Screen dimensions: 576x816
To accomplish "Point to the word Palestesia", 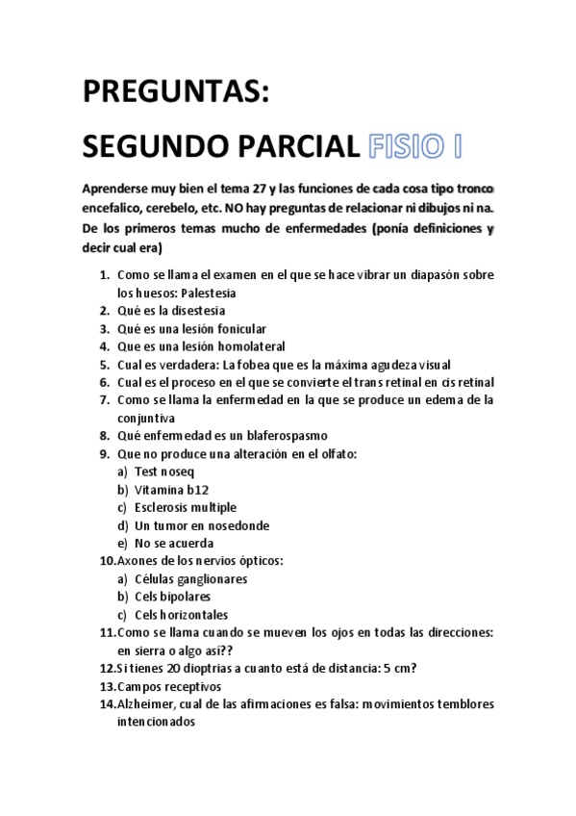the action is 205,293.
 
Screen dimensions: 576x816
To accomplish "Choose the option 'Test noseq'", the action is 164,472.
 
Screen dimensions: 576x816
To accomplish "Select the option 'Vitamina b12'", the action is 170,490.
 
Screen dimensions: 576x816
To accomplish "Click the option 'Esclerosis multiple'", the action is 186,507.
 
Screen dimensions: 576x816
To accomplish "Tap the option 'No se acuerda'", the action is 174,543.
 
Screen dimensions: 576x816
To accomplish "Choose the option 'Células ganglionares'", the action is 190,579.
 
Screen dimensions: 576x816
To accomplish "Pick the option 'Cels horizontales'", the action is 181,615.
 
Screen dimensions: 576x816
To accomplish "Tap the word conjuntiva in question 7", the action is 145,418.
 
